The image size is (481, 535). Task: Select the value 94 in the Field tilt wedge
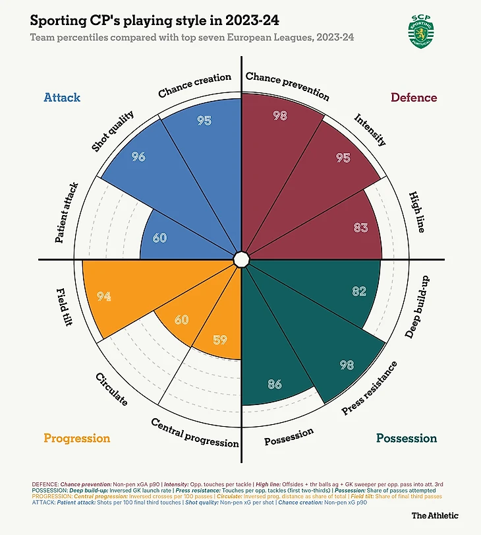coord(103,296)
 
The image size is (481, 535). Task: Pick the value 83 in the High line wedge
coord(360,228)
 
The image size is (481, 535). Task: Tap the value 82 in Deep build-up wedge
coord(359,292)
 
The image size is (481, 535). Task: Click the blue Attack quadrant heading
coord(62,98)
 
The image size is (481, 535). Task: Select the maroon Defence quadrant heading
coord(414,98)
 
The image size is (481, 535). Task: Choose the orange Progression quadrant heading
coord(76,438)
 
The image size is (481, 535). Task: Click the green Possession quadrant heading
coord(407,438)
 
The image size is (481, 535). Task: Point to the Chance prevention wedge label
coord(287,85)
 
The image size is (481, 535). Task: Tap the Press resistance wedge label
coord(370,388)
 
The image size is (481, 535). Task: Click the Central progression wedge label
coord(195,433)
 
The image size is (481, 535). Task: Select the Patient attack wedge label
coord(67,213)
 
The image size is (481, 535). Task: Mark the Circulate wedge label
coord(111,389)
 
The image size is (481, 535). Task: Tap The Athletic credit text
coord(435,515)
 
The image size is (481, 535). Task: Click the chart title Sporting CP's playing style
coord(153,21)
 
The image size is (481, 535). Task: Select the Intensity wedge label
coord(370,130)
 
